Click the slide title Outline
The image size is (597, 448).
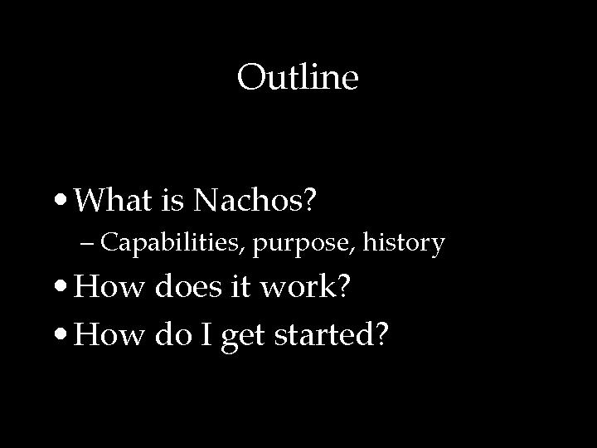click(298, 79)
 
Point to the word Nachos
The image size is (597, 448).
click(248, 199)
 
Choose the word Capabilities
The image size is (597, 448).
click(172, 243)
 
